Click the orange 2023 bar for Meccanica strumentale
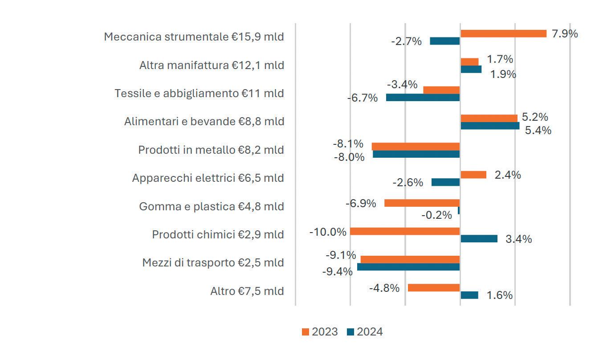pos(503,33)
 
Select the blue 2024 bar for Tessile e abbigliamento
pos(423,97)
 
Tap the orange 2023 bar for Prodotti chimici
pos(405,231)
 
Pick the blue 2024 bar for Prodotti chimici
pos(479,239)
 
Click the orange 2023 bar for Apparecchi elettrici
pos(473,175)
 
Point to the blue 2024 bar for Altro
pos(469,295)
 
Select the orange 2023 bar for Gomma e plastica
pos(422,203)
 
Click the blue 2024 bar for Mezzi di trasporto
pos(408,267)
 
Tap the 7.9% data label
pos(565,33)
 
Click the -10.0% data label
pos(328,232)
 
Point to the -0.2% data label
pos(436,215)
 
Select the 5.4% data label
pos(538,131)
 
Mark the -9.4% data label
pos(337,271)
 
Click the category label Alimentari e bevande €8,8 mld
pos(204,121)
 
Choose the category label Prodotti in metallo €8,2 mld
pos(211,150)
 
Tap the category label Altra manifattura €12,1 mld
pos(212,65)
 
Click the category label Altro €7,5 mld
pos(247,291)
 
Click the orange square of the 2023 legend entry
pos(306,332)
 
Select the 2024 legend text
pos(369,332)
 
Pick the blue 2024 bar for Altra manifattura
pos(471,69)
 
